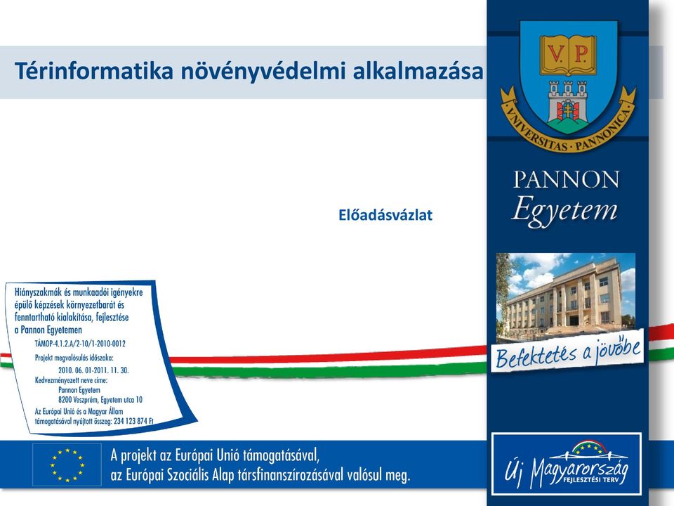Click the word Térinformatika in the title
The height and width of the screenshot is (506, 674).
tap(93, 71)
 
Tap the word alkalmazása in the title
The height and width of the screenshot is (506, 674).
tap(418, 71)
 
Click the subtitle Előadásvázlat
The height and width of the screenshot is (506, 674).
tap(385, 215)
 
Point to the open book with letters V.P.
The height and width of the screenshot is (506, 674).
tap(568, 54)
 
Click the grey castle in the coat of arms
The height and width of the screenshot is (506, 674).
tap(568, 100)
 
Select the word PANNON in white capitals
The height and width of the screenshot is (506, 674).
tap(566, 179)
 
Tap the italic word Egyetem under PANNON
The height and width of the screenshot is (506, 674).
tap(564, 210)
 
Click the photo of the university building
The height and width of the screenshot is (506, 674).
tap(566, 297)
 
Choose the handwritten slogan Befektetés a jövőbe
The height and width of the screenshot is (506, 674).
tap(568, 351)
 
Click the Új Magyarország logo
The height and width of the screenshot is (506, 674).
tap(567, 463)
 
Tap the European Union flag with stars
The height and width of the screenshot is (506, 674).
tap(67, 465)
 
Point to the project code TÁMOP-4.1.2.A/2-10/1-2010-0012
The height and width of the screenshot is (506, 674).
tap(80, 344)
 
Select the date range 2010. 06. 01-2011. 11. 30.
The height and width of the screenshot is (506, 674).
tap(93, 370)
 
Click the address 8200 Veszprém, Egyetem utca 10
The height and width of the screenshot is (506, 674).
tap(100, 400)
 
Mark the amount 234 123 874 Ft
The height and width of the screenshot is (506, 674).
tap(133, 421)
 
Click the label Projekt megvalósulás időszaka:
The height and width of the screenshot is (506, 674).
tap(74, 358)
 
